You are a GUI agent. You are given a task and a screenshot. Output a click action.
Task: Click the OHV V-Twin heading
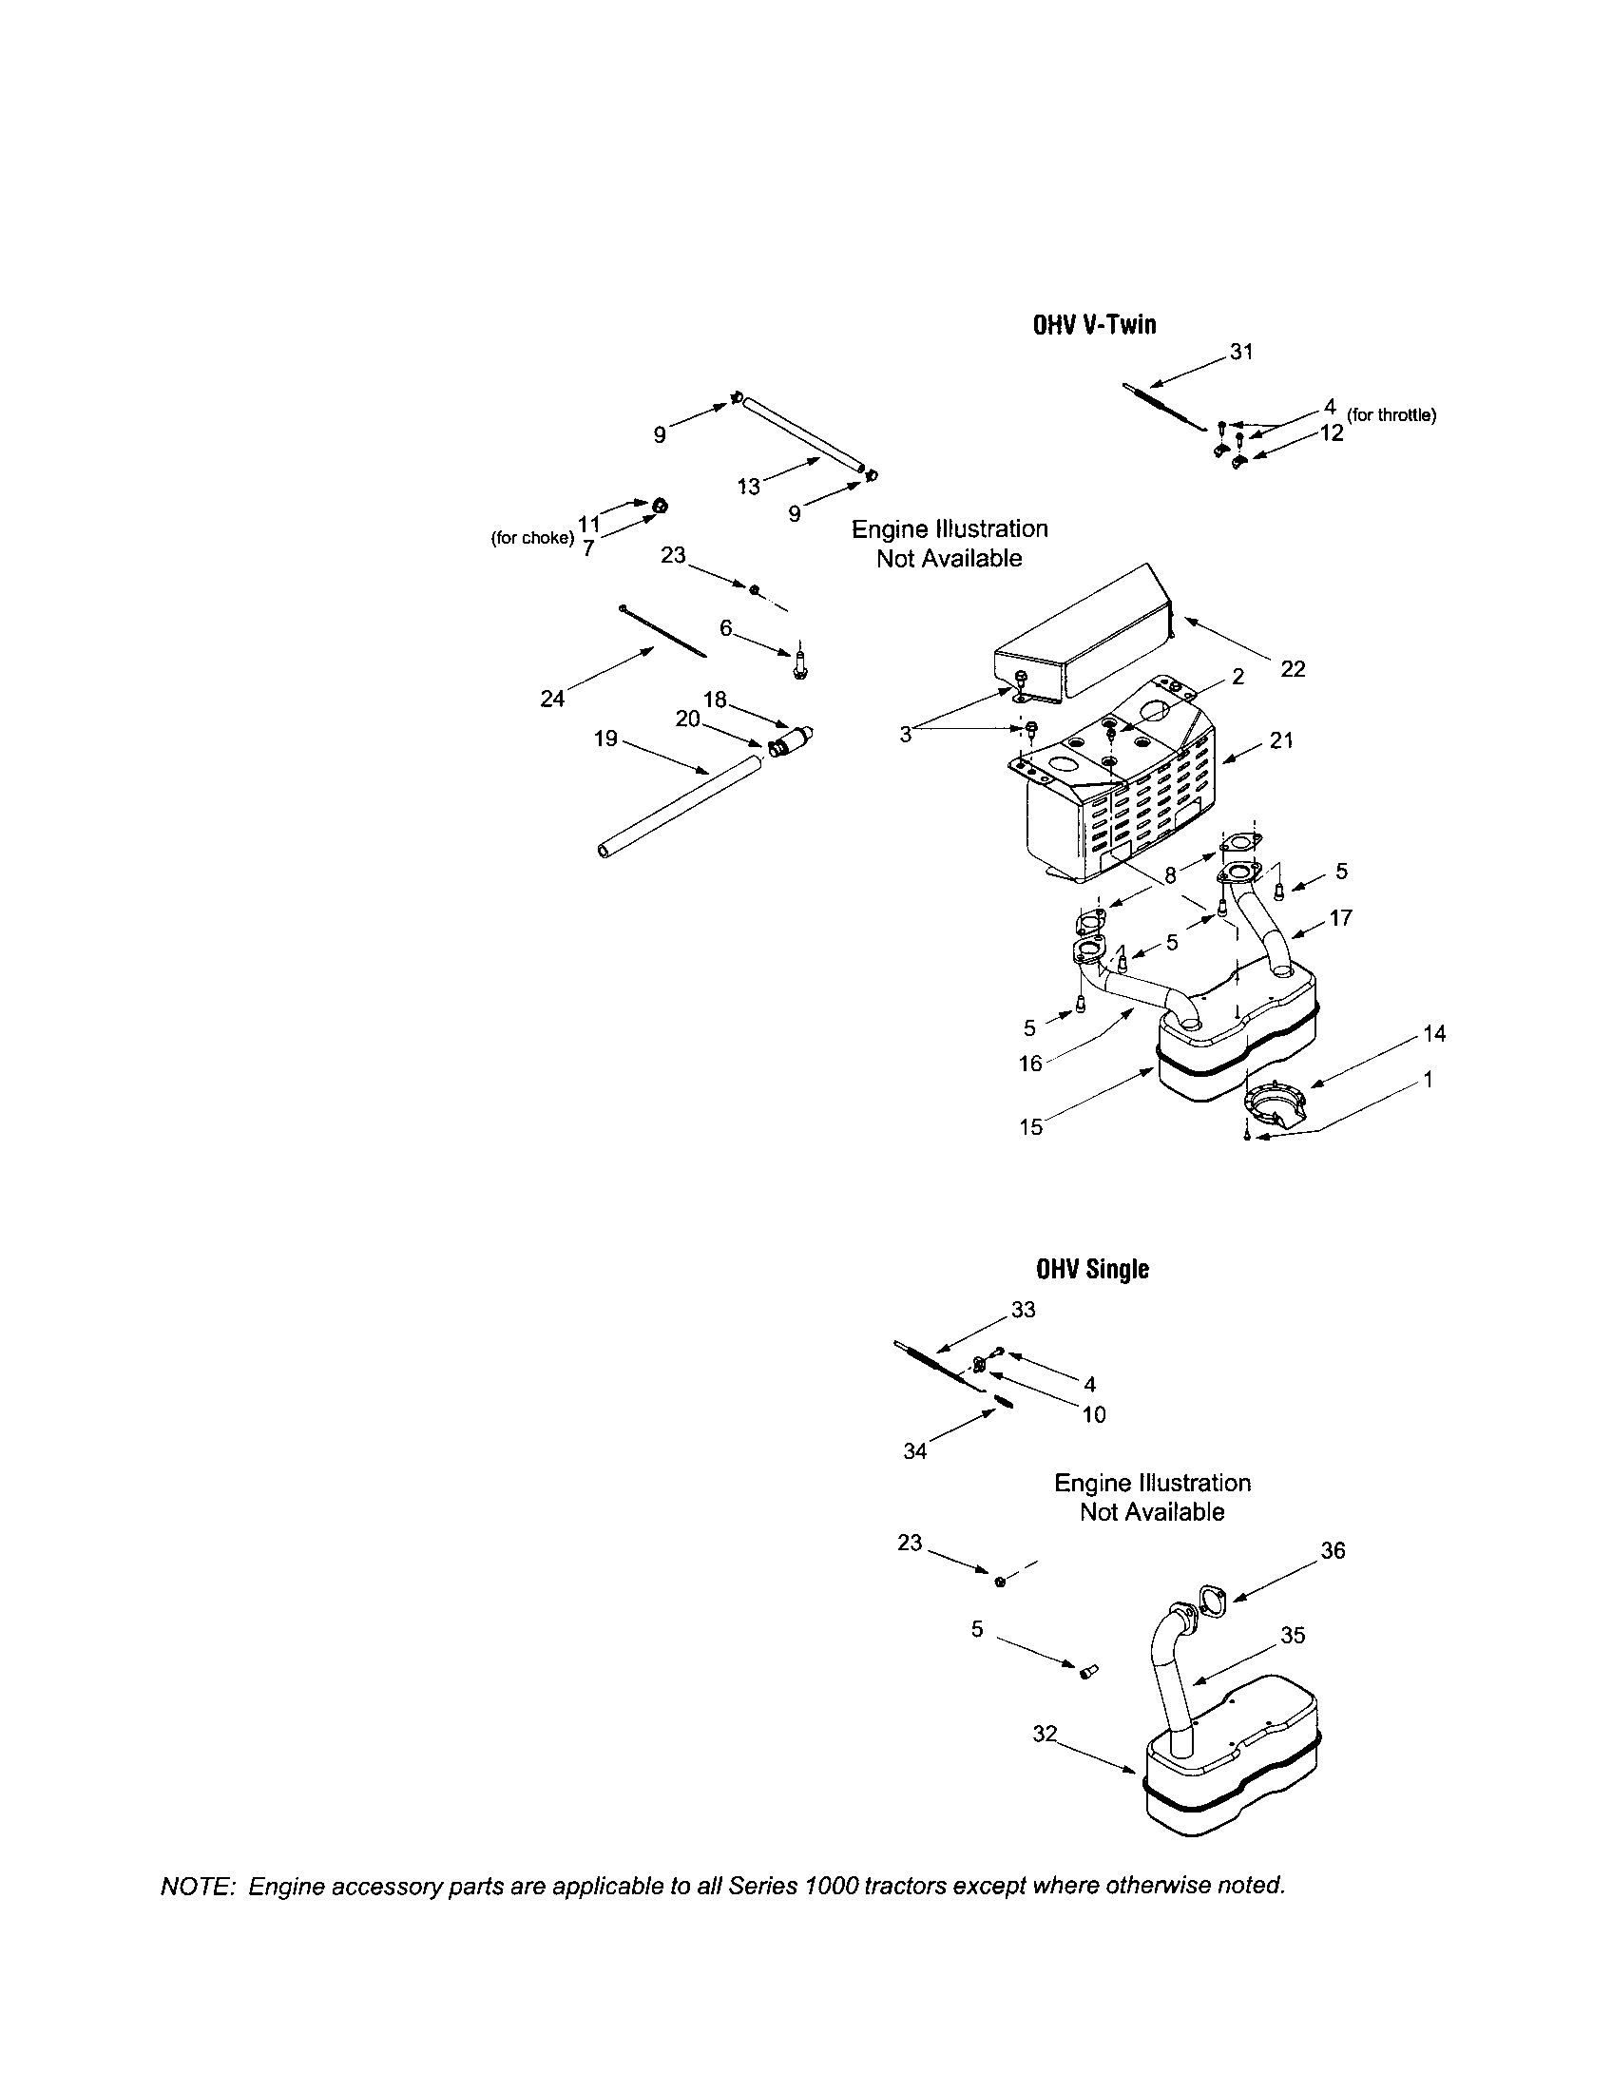(1093, 325)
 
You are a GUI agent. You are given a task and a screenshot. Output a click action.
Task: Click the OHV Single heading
(1092, 1269)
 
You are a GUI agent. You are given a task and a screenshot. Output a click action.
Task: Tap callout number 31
(1240, 353)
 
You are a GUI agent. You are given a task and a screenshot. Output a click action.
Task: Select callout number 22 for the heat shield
(1293, 669)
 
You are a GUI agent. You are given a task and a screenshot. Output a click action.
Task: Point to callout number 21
(1282, 739)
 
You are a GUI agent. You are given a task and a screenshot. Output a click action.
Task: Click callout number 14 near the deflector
(1434, 1033)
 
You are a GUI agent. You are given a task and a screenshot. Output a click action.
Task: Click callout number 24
(552, 699)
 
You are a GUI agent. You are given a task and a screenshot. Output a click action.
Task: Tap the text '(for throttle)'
(1391, 414)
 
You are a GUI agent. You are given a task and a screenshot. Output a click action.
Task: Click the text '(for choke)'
(532, 538)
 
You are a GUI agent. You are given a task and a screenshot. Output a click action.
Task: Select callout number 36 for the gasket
(1333, 1550)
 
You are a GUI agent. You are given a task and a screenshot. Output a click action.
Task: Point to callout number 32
(1046, 1734)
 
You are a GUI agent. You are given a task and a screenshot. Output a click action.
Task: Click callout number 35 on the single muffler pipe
(1293, 1636)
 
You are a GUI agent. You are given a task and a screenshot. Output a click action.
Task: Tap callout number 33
(1023, 1310)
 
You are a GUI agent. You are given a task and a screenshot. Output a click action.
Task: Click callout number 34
(915, 1451)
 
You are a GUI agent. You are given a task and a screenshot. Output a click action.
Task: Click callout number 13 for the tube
(749, 486)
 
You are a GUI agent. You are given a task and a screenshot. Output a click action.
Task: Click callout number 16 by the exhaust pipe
(1030, 1063)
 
